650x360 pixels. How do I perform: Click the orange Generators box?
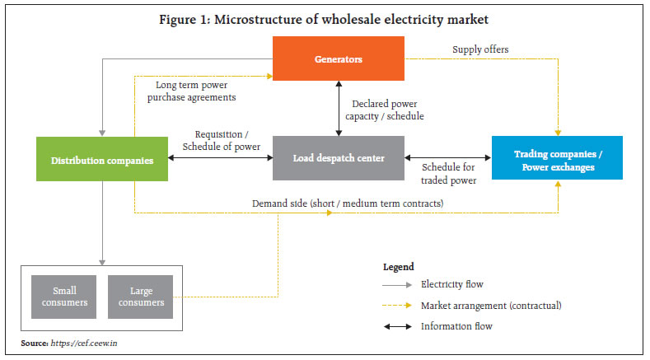(338, 58)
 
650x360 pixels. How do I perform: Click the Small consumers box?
(65, 296)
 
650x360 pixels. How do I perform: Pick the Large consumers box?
(141, 296)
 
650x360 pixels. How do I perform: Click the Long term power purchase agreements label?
(196, 91)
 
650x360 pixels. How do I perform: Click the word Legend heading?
(400, 268)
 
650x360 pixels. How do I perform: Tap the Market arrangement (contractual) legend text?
(491, 306)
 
